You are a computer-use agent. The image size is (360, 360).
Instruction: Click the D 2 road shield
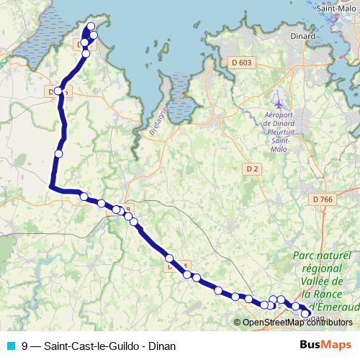coord(251,169)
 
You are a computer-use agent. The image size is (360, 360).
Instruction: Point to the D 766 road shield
coord(323,199)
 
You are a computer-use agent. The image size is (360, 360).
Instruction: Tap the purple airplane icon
coord(279,106)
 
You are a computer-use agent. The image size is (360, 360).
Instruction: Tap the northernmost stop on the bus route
coord(91,27)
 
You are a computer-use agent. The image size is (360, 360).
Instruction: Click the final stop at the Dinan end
coord(305,313)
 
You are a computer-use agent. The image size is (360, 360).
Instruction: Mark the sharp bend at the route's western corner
coord(50,187)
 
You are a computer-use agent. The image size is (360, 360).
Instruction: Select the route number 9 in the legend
coord(25,346)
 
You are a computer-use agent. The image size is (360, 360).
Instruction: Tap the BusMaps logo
coord(325,345)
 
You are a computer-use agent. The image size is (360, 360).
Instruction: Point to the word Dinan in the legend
coord(162,346)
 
